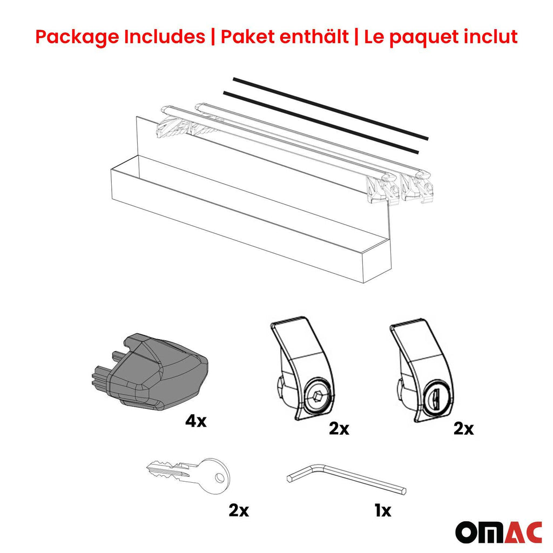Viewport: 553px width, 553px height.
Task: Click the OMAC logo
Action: (498, 532)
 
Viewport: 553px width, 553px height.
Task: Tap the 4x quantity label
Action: (195, 421)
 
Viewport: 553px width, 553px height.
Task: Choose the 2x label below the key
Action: (238, 509)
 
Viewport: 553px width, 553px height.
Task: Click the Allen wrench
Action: (346, 478)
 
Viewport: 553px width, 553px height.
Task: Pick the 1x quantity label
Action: (382, 509)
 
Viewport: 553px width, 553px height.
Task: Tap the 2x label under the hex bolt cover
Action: (339, 429)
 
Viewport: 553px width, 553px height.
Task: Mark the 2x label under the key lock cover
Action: (463, 429)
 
